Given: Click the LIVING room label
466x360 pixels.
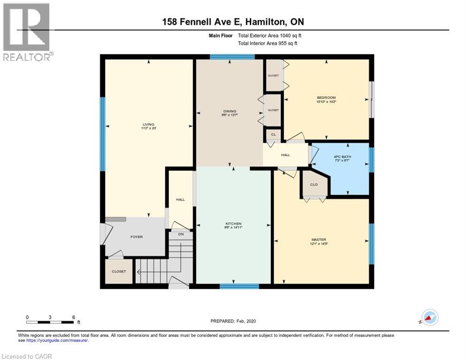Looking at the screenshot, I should (148, 125).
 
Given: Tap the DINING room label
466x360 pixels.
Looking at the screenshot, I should (229, 111).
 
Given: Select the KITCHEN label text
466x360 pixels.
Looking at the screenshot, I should (233, 224).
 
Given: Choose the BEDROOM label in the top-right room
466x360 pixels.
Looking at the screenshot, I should (326, 97).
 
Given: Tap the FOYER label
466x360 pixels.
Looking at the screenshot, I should (136, 237).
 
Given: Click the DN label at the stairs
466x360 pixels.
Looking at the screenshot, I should (180, 233).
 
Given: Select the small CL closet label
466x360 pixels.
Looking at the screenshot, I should (273, 135).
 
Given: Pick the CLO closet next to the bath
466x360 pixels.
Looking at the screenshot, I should (314, 184).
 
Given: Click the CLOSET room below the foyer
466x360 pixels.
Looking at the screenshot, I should (119, 271).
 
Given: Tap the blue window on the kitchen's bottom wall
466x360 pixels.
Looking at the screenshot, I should (239, 286).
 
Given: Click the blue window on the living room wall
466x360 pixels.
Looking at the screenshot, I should (102, 134).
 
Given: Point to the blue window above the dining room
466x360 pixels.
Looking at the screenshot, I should (232, 57).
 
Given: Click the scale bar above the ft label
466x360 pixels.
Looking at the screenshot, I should (50, 322).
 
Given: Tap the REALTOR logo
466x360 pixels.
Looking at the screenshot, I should (27, 32).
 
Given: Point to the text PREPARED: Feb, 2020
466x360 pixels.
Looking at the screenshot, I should (233, 321).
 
